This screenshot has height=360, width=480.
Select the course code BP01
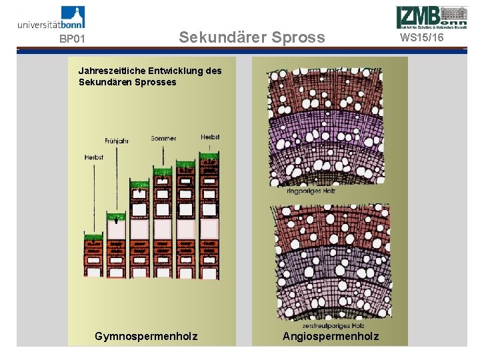(x=72, y=39)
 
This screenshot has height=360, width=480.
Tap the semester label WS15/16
(x=422, y=37)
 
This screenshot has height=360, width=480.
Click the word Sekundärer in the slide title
(x=221, y=37)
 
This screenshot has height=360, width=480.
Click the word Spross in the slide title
(x=299, y=37)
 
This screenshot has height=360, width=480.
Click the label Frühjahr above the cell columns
(x=117, y=141)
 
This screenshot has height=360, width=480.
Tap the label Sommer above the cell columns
(x=163, y=138)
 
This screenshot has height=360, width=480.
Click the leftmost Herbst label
(x=94, y=157)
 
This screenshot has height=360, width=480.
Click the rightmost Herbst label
(x=209, y=137)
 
